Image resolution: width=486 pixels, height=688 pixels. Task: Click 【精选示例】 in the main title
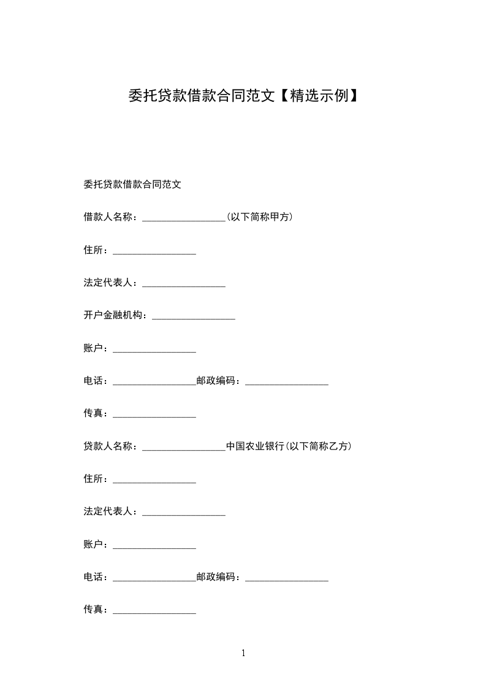coord(317,96)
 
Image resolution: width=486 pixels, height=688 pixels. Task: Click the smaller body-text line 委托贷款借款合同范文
coord(132,184)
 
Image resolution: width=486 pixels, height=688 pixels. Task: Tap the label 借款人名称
coord(109,217)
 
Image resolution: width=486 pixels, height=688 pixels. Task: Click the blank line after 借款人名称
coord(184,218)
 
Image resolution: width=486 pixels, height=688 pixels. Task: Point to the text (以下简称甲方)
coord(259,217)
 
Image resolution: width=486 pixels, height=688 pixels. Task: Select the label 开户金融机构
coord(114,315)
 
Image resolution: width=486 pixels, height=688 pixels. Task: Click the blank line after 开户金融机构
coord(194,316)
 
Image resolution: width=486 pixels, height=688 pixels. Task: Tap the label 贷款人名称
coord(109,446)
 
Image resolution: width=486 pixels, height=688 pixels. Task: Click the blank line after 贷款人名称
coord(184,448)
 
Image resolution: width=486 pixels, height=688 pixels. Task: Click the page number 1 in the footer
coord(243,653)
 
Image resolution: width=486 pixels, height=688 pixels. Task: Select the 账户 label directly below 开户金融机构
coord(95,348)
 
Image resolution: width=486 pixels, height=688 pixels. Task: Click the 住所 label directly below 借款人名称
coord(95,250)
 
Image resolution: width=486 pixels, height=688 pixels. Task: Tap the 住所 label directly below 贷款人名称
coord(95,479)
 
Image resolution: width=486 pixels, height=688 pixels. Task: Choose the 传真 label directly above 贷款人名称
coord(95,413)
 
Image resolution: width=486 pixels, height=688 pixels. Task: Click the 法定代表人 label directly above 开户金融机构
coord(109,283)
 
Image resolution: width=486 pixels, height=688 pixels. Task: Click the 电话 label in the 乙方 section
coord(95,577)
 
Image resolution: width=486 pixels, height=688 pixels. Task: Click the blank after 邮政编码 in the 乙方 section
coord(287,578)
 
